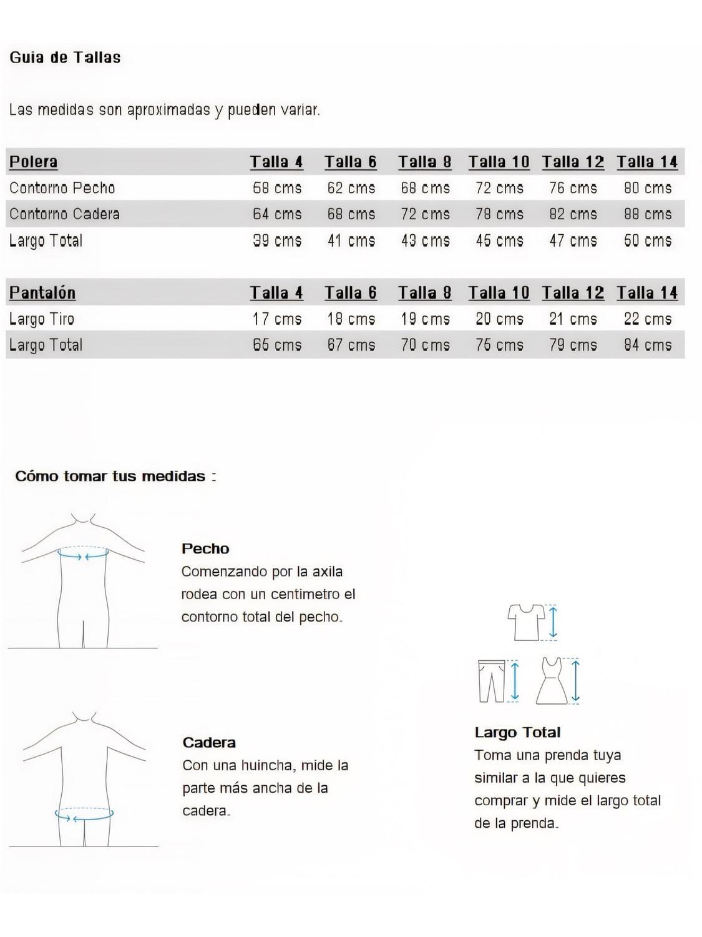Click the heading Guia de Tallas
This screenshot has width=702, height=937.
click(x=65, y=57)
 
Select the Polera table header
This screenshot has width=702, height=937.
click(x=34, y=162)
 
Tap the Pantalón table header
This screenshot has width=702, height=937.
click(x=42, y=293)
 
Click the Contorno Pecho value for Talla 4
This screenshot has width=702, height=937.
click(x=277, y=188)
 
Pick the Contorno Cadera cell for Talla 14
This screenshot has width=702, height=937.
click(x=648, y=214)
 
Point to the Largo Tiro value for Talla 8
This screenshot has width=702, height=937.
click(x=425, y=319)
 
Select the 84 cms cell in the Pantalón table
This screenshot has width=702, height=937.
click(x=648, y=345)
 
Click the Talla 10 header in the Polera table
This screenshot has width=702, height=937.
click(x=499, y=162)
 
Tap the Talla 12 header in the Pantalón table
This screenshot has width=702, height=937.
click(x=573, y=293)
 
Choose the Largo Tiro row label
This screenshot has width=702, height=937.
click(x=42, y=319)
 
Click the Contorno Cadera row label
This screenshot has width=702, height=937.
click(x=64, y=214)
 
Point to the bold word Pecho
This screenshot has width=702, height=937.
click(x=205, y=549)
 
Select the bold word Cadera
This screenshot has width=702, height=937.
click(x=209, y=743)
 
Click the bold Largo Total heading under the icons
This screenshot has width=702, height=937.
click(x=517, y=733)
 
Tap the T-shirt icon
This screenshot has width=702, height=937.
click(x=525, y=622)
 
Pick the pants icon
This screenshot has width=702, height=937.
click(x=492, y=681)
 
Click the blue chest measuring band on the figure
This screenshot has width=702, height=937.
click(x=83, y=554)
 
